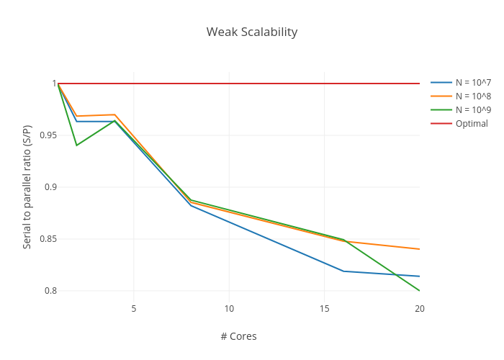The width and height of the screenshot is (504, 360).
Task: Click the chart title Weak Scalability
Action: point(251,32)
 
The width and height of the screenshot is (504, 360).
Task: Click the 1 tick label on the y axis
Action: point(53,84)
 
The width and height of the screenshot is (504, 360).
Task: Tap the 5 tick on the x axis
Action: point(134,309)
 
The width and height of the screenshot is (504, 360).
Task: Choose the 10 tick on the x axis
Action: point(229,309)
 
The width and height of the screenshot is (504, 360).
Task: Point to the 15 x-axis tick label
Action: point(324,309)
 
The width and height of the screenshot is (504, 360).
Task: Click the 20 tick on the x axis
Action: point(420,309)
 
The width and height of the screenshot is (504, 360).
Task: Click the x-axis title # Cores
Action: point(238,336)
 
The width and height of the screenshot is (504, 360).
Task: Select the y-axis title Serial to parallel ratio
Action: point(27,187)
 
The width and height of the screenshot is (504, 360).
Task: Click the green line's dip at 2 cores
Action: point(76,145)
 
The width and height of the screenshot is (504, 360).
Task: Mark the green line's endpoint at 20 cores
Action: point(420,291)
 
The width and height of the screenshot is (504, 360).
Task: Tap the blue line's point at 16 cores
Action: point(343,271)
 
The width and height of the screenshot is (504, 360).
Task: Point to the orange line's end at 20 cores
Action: point(420,249)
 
